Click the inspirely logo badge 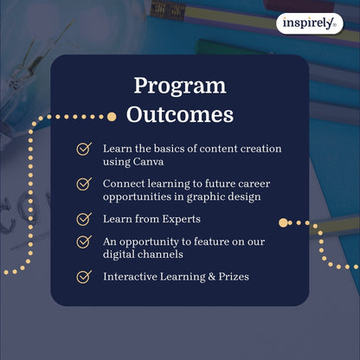point(308,24)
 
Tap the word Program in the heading point(179,87)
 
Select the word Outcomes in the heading point(179,115)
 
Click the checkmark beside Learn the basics point(84,149)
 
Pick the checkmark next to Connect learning point(84,183)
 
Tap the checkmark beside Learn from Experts point(84,219)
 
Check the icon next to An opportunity point(84,241)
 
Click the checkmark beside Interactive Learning point(84,277)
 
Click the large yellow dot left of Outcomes point(111,116)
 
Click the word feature point(223,241)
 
